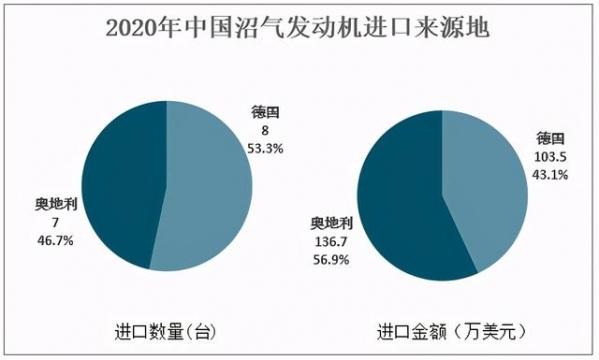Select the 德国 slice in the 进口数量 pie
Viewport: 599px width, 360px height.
210,190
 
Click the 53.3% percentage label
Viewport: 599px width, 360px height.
263,147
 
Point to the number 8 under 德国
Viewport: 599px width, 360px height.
260,131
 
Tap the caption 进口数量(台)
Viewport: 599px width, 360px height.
165,331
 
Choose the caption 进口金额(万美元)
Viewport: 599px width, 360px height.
446,331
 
